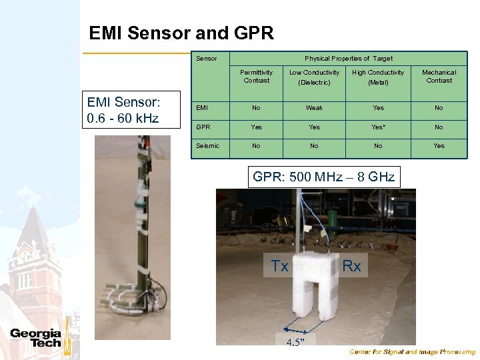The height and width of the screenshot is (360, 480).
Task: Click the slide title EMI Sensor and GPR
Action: pos(181,33)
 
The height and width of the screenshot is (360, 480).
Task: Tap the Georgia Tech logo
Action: pos(36,338)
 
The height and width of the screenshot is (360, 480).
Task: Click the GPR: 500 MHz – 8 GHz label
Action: pos(323,177)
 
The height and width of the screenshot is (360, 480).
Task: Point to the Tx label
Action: pos(280,267)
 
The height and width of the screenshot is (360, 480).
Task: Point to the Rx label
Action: pos(351,267)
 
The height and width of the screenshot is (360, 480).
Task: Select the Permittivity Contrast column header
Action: pos(257,76)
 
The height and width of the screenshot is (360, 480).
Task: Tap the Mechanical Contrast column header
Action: pos(439,76)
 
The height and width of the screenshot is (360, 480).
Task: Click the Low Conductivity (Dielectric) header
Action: pos(314,77)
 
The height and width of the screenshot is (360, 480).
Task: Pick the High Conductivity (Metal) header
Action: pos(378,77)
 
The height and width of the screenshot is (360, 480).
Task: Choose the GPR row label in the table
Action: pos(203,127)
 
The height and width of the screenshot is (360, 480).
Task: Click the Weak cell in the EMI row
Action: pos(314,107)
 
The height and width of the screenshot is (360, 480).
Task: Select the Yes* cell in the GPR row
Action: pos(379,127)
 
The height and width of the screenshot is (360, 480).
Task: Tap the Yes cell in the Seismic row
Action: pos(439,145)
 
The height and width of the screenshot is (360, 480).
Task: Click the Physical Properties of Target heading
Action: pos(349,59)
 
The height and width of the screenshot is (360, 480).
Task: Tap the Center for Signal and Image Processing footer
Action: pos(413,352)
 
